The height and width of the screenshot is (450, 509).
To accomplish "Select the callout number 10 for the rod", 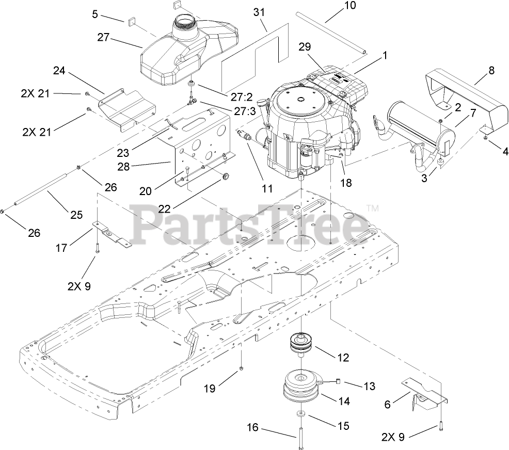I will click(349, 6).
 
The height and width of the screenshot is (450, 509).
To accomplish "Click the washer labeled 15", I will click(301, 414).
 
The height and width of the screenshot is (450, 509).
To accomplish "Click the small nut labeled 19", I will click(241, 368).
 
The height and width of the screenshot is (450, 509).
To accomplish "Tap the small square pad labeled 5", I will click(131, 21).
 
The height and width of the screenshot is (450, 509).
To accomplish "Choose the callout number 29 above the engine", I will click(305, 47).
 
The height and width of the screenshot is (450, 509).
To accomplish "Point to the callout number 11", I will click(266, 188).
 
